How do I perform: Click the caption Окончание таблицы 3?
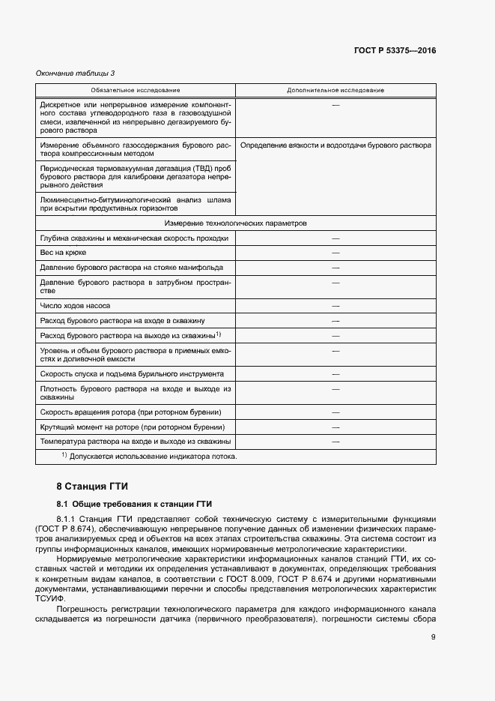pyautogui.click(x=75, y=73)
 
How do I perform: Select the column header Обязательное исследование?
pyautogui.click(x=135, y=90)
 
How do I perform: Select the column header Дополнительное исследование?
pyautogui.click(x=335, y=90)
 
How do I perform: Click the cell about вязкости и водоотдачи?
pyautogui.click(x=335, y=145)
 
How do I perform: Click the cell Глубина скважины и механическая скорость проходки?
pyautogui.click(x=134, y=238)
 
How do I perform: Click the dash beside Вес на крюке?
pyautogui.click(x=335, y=253)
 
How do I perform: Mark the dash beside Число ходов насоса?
pyautogui.click(x=335, y=306)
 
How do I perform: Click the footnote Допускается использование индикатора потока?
pyautogui.click(x=153, y=457)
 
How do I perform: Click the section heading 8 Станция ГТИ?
pyautogui.click(x=93, y=486)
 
